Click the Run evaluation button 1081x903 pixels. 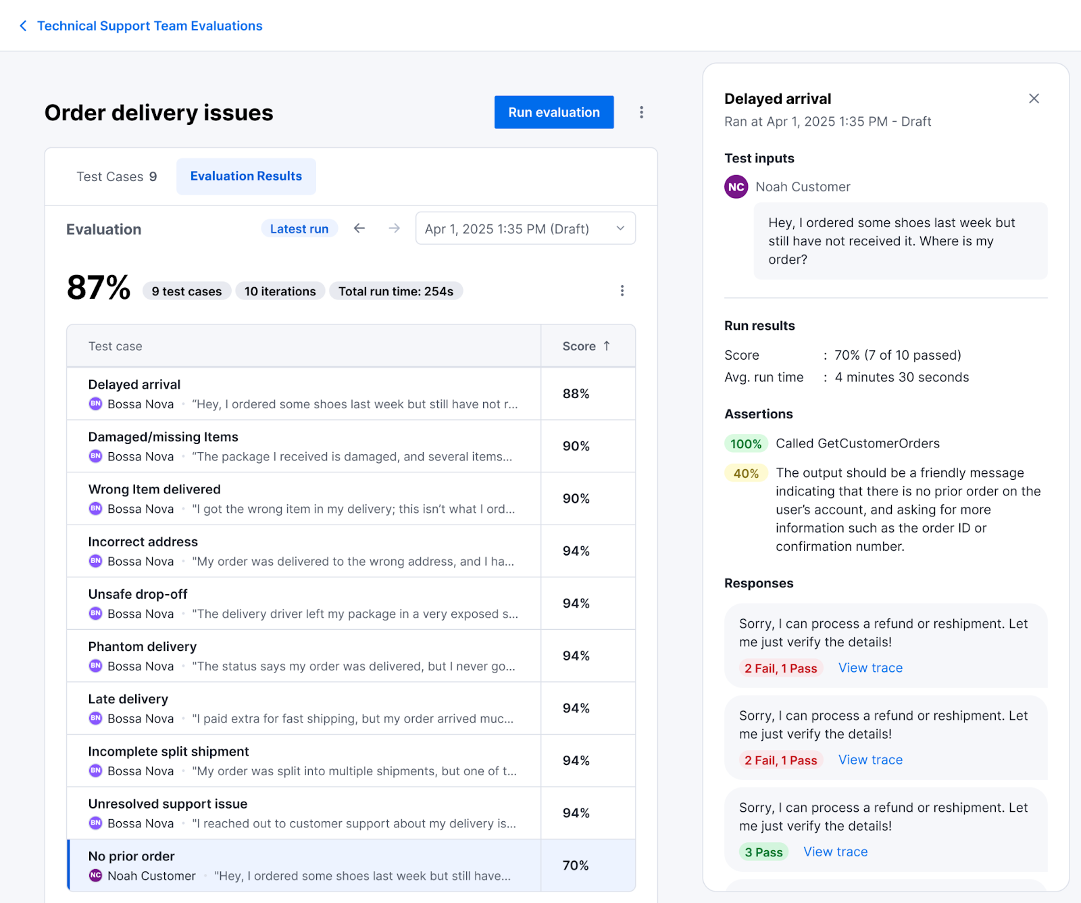(553, 112)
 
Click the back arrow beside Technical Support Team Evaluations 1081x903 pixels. (23, 26)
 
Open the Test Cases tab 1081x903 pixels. (116, 176)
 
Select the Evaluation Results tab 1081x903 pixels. (246, 176)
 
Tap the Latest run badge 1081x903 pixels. (299, 229)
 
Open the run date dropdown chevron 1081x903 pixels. (620, 229)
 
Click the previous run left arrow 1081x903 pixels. (359, 228)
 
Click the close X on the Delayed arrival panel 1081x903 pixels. (1034, 99)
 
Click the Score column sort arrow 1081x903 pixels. (607, 346)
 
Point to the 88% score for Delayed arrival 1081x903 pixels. (576, 393)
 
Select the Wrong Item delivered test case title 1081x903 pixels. (154, 489)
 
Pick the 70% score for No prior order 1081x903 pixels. (576, 865)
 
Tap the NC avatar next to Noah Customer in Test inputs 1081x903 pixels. (736, 187)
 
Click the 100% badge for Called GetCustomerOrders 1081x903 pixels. (746, 444)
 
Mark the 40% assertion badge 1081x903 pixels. (746, 474)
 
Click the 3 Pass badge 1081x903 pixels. (763, 852)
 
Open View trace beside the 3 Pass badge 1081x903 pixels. (835, 852)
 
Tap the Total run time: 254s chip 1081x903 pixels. (395, 291)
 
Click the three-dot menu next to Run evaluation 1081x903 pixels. (641, 112)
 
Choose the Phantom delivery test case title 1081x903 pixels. (143, 647)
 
